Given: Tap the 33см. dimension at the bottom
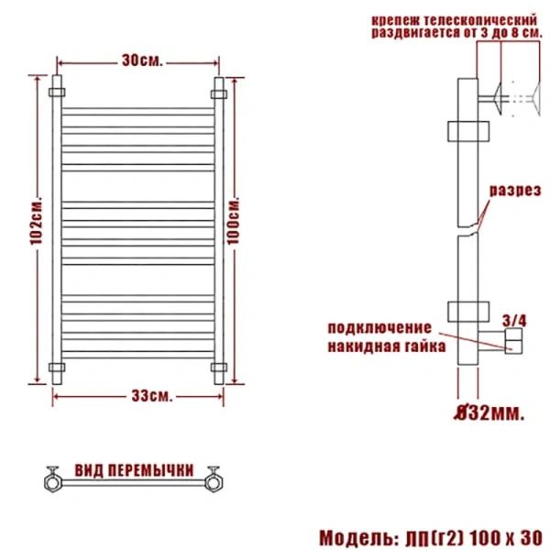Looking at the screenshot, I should pyautogui.click(x=148, y=396).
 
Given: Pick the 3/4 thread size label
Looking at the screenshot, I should pyautogui.click(x=516, y=320).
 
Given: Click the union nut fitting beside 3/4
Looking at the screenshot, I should pyautogui.click(x=511, y=344).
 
